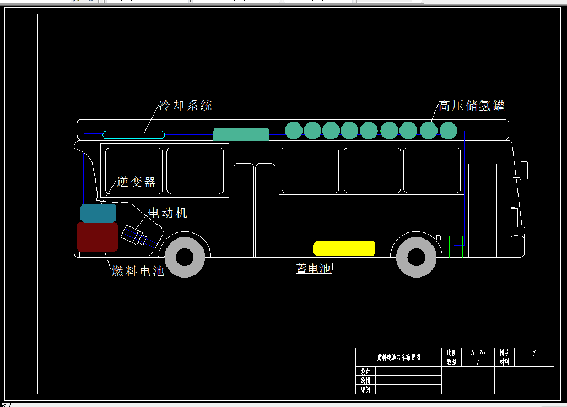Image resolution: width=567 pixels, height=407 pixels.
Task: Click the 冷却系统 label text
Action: (x=185, y=106)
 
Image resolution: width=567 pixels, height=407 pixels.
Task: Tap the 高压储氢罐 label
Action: (x=471, y=106)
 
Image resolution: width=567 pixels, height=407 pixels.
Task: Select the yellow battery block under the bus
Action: (x=344, y=248)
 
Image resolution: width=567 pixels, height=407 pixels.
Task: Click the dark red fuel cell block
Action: (x=97, y=237)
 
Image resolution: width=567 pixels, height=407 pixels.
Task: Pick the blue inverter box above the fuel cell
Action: (x=98, y=213)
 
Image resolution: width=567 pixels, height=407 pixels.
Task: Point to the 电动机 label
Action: (x=168, y=213)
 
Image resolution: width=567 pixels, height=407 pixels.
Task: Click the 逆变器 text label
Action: (x=136, y=182)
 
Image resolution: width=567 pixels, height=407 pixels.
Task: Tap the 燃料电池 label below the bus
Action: (x=138, y=271)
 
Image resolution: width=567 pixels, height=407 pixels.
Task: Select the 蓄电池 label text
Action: (x=313, y=269)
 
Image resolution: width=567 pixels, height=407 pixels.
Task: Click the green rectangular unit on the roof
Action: (x=241, y=134)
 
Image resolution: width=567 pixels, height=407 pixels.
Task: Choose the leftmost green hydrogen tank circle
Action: (x=294, y=131)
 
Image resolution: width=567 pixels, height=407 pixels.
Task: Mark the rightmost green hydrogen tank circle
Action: (x=448, y=131)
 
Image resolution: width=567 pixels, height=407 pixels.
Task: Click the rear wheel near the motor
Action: (x=185, y=257)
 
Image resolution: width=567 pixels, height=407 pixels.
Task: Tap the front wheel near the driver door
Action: (x=416, y=257)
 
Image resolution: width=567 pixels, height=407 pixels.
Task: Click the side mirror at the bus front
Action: (x=523, y=170)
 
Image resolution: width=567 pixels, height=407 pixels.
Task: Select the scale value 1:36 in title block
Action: (x=478, y=352)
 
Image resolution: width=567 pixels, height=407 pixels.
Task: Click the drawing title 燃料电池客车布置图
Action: (x=398, y=357)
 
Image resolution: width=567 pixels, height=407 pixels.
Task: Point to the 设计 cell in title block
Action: (x=365, y=371)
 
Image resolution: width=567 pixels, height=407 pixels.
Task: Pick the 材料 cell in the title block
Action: (x=504, y=362)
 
